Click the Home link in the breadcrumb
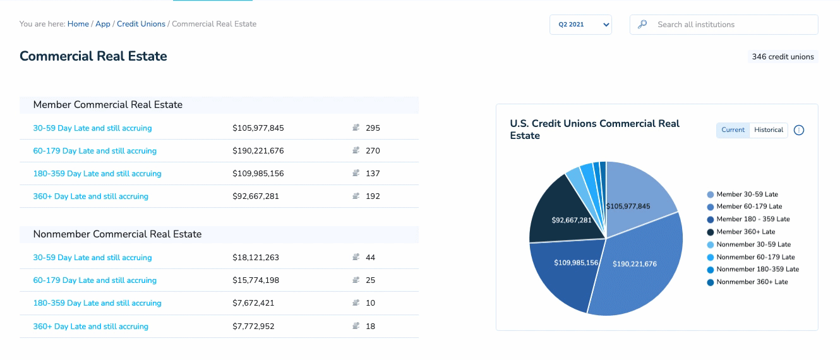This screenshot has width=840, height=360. coord(78,24)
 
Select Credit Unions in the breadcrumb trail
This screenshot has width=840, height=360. coord(141,24)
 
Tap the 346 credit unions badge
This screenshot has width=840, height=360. coord(783,57)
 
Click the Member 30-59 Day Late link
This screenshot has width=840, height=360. coord(92,128)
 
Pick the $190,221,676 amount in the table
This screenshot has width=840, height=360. coord(258,151)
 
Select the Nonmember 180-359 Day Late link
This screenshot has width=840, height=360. coord(97,303)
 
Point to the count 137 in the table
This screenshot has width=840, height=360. coord(373,174)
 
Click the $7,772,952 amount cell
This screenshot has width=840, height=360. coord(253,327)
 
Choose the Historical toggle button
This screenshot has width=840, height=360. coord(769,130)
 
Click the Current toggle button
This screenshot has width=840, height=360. coord(733,130)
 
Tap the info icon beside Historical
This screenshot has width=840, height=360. coord(799,130)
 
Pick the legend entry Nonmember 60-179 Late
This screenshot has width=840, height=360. coord(755,257)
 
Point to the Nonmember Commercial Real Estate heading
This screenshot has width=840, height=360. coord(117,234)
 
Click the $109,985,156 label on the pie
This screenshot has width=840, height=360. coord(576,263)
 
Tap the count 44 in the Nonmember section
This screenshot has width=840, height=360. coord(370,258)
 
